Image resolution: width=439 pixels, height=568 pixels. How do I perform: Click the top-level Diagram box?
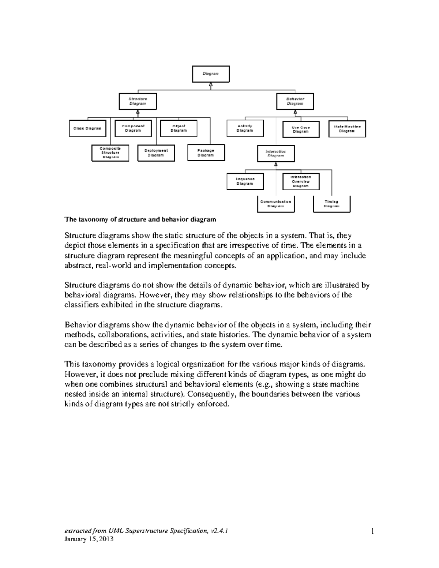pos(211,74)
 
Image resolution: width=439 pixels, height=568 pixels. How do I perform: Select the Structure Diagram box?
pos(138,101)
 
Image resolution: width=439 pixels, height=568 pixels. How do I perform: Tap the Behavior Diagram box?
pos(295,101)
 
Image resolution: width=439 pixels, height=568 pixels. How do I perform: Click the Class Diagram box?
pos(87,129)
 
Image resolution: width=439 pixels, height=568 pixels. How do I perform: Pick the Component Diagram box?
pos(133,128)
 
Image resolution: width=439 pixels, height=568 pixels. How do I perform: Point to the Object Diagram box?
pos(179,128)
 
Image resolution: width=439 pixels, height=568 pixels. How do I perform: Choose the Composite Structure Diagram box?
pos(110,153)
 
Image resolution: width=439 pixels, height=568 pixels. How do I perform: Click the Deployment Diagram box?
pos(156,153)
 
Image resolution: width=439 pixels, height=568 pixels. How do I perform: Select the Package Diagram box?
pos(206,153)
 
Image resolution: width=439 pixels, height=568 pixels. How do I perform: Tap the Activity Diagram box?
pos(245,128)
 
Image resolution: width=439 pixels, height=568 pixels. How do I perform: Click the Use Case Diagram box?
pos(301,129)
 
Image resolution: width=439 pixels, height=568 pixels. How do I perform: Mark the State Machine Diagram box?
pos(347,129)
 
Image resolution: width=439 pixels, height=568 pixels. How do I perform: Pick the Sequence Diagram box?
pos(245,181)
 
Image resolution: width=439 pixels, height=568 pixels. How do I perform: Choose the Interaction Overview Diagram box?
pos(301,181)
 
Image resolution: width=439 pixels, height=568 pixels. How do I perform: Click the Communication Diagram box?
pos(276,204)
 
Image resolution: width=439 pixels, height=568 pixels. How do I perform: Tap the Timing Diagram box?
pos(331,204)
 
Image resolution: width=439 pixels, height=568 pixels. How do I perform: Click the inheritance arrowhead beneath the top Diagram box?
pos(211,85)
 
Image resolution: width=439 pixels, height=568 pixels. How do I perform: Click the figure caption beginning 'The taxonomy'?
pos(140,219)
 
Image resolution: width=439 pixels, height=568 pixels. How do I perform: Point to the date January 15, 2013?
pos(89,539)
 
